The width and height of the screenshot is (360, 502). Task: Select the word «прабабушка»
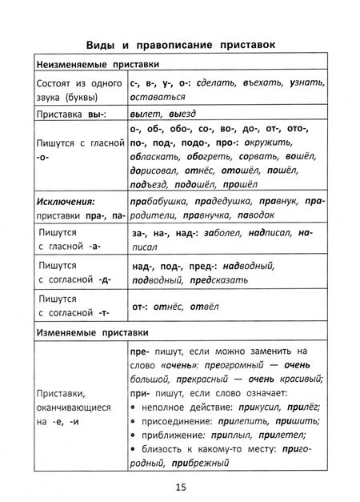[158, 203]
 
